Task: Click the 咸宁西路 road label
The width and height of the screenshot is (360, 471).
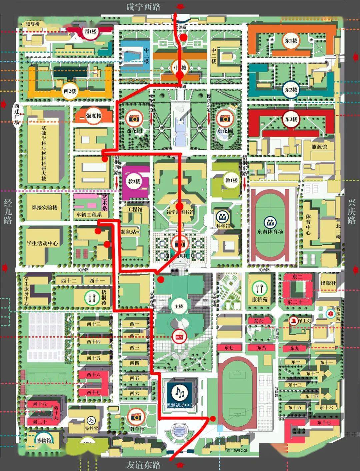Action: pos(143,7)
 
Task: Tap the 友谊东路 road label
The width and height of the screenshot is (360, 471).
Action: pos(143,465)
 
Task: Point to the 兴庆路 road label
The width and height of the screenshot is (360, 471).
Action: pos(352,212)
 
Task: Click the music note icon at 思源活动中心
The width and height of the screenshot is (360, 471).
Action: pos(180,393)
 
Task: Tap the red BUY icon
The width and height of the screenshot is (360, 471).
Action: pos(179,337)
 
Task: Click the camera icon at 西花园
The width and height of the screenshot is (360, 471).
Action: pos(134,118)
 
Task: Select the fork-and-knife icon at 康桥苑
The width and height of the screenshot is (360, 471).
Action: pos(258,287)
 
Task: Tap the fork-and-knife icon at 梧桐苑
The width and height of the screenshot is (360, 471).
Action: pos(90,296)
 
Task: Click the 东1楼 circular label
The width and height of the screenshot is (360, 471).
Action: pos(291,41)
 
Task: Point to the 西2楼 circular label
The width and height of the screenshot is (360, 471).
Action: pos(70,91)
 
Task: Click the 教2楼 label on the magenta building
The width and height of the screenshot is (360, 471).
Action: pos(134,181)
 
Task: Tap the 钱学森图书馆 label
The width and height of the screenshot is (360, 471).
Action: pos(180,212)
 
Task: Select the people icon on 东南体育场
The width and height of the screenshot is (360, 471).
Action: pos(269,222)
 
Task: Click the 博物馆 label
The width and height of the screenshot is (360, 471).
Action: pos(44,440)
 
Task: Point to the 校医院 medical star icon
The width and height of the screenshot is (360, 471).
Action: pos(330,313)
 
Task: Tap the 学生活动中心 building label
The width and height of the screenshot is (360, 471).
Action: pos(42,243)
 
